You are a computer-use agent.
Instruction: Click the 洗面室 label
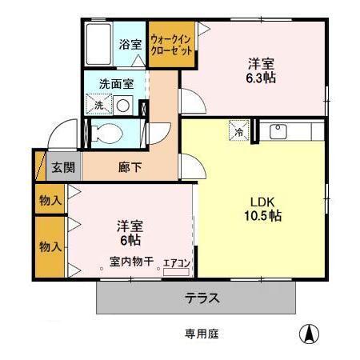(116, 83)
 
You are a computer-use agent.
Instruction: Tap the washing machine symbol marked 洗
(100, 104)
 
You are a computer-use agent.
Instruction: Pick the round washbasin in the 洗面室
(124, 105)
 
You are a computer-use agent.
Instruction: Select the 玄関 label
(63, 168)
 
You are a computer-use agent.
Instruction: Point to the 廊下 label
(130, 168)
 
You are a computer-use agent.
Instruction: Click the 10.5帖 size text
(262, 215)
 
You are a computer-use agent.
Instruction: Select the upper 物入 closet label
(50, 200)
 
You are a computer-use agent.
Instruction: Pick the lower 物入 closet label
(50, 246)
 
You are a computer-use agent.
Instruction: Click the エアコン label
(176, 261)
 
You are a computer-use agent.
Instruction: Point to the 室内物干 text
(131, 261)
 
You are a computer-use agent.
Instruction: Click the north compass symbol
(307, 334)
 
